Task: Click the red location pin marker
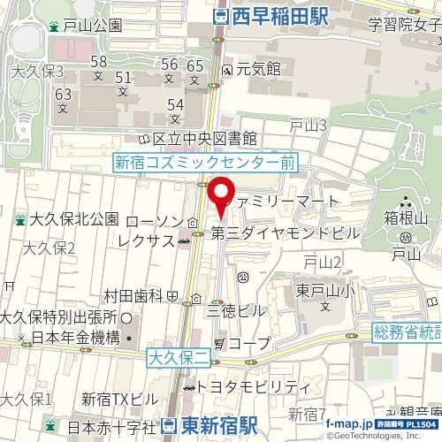(x=220, y=194)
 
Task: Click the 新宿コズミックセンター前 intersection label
(x=206, y=163)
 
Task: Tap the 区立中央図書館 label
(x=204, y=139)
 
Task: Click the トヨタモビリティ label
(x=254, y=386)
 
